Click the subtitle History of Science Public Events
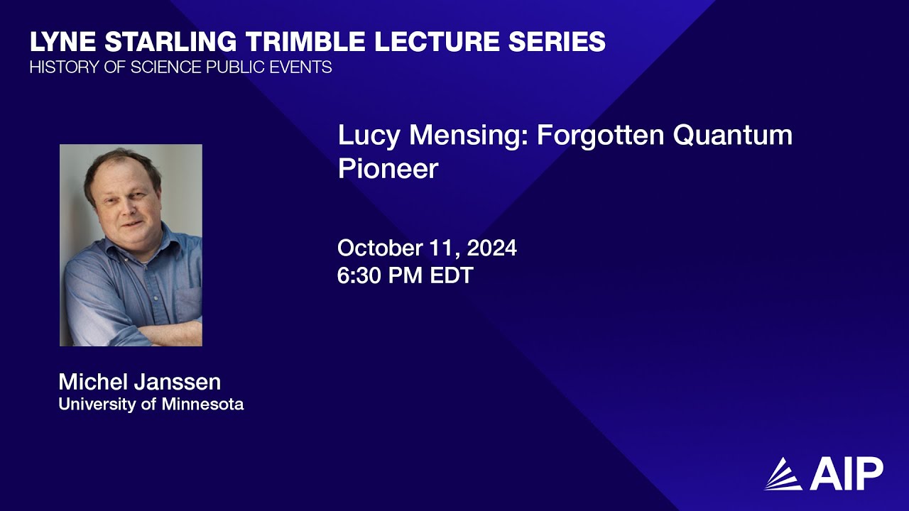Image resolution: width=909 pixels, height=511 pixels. tap(180, 68)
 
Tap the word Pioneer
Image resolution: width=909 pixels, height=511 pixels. tap(388, 169)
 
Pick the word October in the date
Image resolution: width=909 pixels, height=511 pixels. tap(380, 248)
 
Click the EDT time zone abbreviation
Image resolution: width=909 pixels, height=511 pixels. tap(452, 275)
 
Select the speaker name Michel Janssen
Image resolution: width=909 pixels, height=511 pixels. tap(139, 382)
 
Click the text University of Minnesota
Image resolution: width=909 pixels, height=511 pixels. tap(151, 405)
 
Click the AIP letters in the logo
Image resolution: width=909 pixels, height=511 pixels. tap(846, 473)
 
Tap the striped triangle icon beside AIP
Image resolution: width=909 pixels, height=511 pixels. tap(783, 474)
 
